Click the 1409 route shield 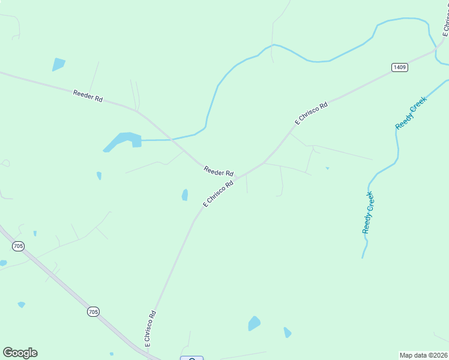400,67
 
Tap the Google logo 20,353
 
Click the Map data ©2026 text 424,355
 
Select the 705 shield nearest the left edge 18,245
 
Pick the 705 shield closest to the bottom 92,311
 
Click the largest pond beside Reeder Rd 123,141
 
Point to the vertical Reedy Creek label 369,212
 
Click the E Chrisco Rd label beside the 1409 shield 312,113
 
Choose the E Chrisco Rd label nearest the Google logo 150,328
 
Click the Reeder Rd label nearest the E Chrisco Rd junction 218,171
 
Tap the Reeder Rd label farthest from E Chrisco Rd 88,95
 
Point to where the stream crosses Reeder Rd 172,139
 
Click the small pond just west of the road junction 185,194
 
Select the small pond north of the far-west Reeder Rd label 58,64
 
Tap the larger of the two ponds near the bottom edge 255,323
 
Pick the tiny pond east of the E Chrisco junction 327,168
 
